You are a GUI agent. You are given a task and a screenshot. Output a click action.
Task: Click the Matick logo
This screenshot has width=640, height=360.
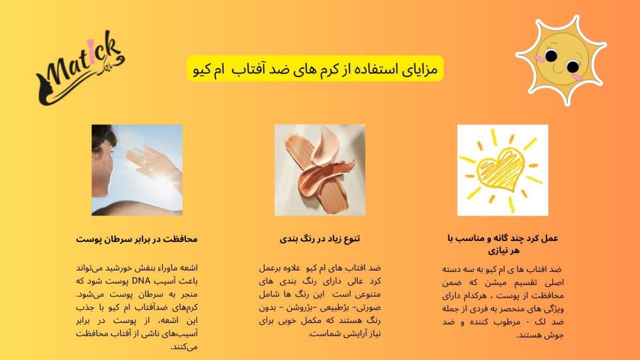tap(80, 68)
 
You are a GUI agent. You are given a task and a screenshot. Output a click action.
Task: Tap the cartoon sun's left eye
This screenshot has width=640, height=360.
tap(551, 55)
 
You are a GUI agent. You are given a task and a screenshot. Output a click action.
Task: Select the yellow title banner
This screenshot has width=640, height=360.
tap(315, 68)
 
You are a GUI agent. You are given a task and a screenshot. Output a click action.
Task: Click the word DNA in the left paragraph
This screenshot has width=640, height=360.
tap(141, 281)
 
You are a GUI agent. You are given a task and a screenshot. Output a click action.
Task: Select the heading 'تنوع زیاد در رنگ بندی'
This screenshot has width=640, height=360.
tap(319, 239)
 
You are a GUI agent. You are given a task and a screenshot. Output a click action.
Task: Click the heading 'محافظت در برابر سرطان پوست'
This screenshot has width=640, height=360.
tap(137, 239)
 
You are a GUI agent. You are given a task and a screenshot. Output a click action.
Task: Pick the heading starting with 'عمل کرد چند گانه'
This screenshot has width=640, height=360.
tap(503, 244)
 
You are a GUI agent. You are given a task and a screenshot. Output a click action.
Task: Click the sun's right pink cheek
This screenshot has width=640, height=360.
tap(577, 77)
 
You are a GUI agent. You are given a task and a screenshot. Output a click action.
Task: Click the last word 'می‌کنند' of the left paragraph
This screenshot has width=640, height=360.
tap(184, 347)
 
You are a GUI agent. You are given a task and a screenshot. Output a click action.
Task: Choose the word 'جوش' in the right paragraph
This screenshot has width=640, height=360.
tap(556, 335)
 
